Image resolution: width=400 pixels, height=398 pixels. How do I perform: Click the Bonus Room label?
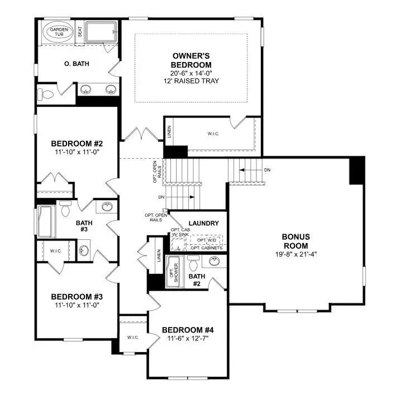point(296,241)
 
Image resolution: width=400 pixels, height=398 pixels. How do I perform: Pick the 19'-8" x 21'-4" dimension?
point(296,254)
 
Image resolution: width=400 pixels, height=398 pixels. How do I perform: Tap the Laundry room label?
point(203,224)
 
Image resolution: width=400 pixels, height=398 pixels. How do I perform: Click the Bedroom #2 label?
point(77,144)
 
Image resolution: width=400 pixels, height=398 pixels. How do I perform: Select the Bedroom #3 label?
point(77,296)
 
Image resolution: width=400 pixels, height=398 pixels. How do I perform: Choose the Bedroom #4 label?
point(187,330)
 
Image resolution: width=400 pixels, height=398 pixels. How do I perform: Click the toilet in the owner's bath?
point(49,94)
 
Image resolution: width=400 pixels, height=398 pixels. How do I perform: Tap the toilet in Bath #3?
point(65,209)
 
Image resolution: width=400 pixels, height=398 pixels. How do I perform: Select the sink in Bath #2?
point(214,262)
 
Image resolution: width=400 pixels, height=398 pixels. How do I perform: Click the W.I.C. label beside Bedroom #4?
point(132,338)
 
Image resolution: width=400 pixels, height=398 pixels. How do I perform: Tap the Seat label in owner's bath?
point(80,32)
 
